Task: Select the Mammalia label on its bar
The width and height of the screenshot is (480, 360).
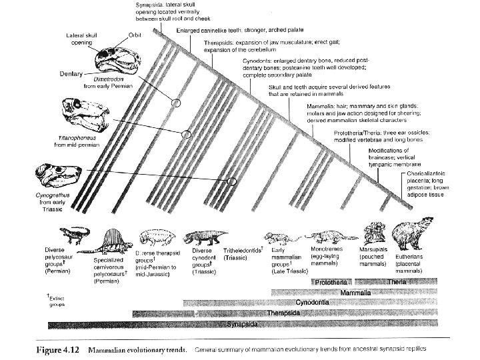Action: point(355,292)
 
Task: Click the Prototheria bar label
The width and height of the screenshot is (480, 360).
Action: point(332,281)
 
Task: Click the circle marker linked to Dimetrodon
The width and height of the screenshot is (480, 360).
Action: point(176,103)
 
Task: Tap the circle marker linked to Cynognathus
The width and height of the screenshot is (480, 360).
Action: point(232,181)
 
